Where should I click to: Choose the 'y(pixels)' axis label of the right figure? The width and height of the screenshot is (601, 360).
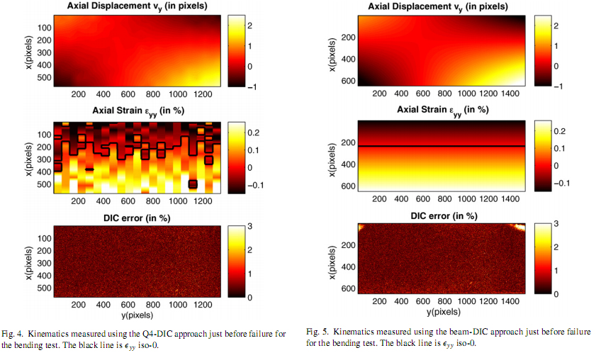[440, 311]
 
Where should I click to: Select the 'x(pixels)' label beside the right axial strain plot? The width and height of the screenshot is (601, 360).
[332, 157]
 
